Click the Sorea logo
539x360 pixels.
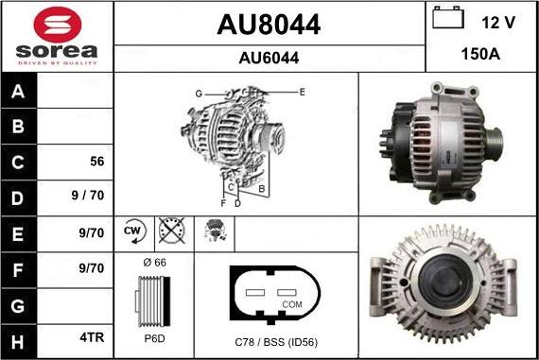(x=57, y=36)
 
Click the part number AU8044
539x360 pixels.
(x=269, y=25)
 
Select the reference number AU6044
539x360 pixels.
(x=269, y=58)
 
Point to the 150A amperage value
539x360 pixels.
(x=479, y=55)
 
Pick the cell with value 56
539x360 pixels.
(x=96, y=161)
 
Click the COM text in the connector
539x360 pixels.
(x=293, y=304)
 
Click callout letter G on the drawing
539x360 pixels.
(x=200, y=94)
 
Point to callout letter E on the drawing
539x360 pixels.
(x=302, y=92)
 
